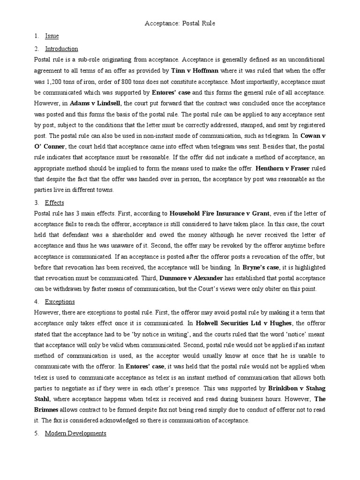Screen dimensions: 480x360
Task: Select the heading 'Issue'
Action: [x=52, y=36]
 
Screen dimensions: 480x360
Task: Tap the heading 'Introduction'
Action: [x=61, y=49]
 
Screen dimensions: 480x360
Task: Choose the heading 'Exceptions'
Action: [x=60, y=301]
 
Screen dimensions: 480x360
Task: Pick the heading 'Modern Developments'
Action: [x=75, y=433]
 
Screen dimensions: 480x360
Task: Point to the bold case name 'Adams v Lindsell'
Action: [x=95, y=103]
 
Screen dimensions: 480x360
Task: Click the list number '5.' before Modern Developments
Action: [x=37, y=433]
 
